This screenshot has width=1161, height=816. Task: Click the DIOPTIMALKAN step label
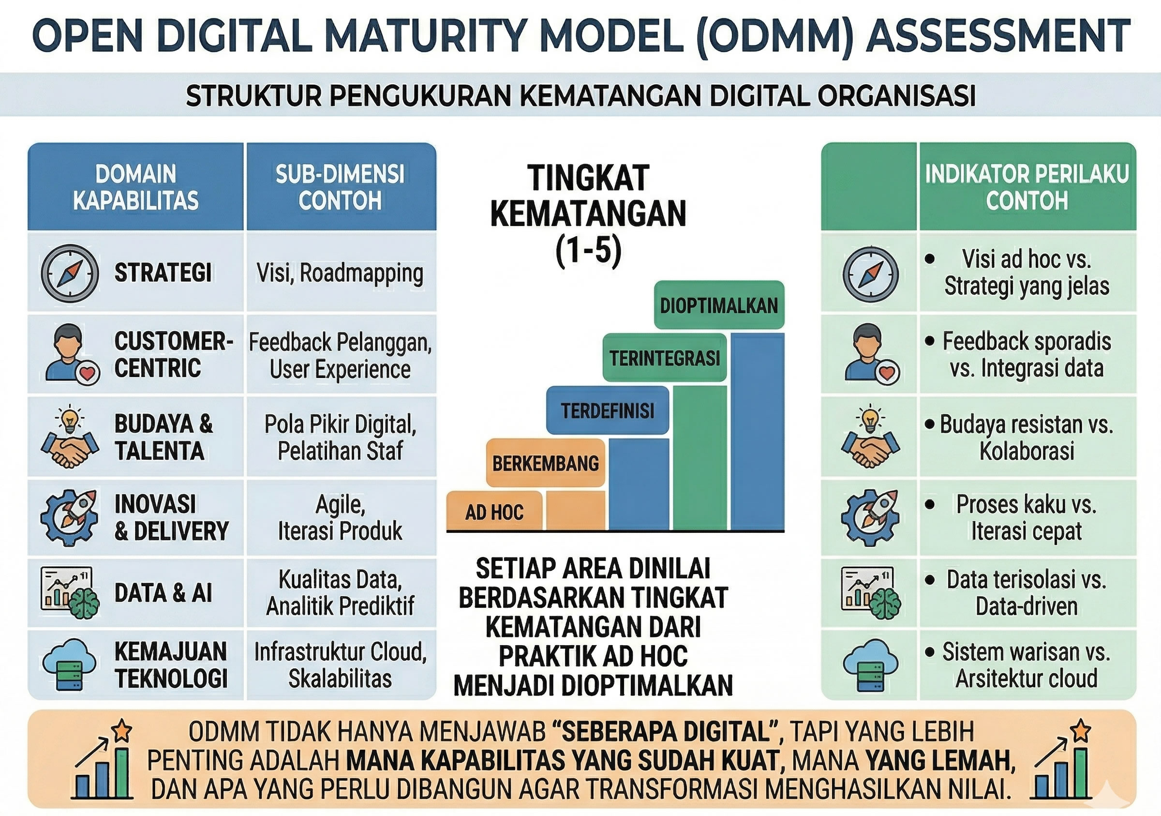[718, 305]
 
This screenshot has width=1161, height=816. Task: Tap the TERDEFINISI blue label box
[607, 410]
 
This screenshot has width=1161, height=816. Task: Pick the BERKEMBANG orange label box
[545, 463]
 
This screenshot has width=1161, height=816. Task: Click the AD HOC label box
[494, 512]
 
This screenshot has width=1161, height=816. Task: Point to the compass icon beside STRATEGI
[70, 273]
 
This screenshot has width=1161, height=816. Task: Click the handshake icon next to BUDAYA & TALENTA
[70, 438]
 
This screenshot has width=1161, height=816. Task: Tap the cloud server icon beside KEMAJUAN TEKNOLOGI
[69, 664]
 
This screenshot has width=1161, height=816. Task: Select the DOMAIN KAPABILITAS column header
[135, 187]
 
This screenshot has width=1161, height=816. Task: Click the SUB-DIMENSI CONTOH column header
[340, 187]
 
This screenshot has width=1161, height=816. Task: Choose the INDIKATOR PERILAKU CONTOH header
[1027, 187]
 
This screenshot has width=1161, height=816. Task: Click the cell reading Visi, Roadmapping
[340, 273]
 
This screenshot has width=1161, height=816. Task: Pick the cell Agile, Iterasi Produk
[340, 517]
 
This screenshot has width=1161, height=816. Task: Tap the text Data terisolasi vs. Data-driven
[1027, 592]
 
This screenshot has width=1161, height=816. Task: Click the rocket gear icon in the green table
[870, 517]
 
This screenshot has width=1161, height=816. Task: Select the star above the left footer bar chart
[121, 730]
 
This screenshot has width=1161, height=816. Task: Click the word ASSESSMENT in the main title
[997, 35]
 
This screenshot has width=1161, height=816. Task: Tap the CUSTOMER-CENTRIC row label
[173, 354]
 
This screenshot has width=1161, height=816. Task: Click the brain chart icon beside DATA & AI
[70, 592]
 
